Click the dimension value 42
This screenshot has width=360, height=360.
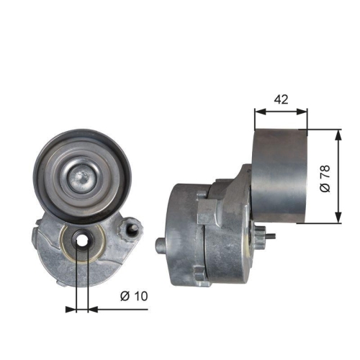tap(281, 99)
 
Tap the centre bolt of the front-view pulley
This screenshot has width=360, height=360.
tap(81, 173)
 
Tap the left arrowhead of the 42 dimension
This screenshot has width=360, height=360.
tap(259, 111)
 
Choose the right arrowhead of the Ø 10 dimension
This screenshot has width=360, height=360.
tap(91, 310)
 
